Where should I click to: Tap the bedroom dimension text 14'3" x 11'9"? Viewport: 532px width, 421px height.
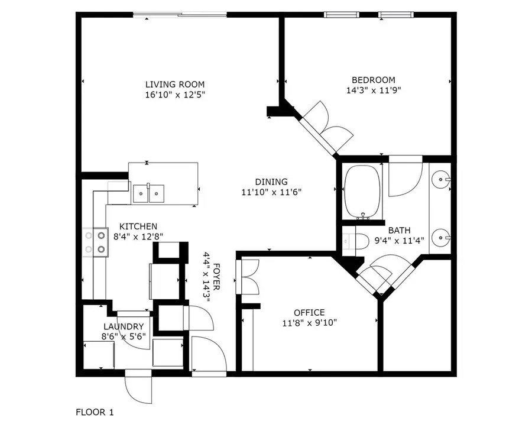pyautogui.click(x=374, y=90)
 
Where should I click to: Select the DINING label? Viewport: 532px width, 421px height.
pyautogui.click(x=271, y=182)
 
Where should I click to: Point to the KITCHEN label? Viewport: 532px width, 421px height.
pyautogui.click(x=138, y=226)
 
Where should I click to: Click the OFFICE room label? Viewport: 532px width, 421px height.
pyautogui.click(x=309, y=312)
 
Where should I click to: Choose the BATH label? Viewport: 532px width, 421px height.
pyautogui.click(x=399, y=230)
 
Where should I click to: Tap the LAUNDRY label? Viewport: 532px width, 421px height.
pyautogui.click(x=124, y=326)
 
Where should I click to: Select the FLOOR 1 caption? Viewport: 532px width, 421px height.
pyautogui.click(x=95, y=411)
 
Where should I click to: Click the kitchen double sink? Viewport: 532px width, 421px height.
pyautogui.click(x=149, y=192)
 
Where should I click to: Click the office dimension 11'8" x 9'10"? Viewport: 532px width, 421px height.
pyautogui.click(x=309, y=322)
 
